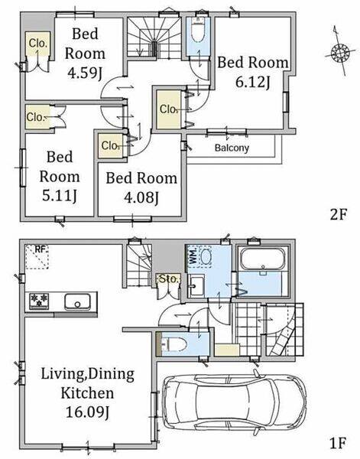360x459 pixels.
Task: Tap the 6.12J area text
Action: pyautogui.click(x=252, y=83)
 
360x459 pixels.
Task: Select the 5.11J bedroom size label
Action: pyautogui.click(x=60, y=196)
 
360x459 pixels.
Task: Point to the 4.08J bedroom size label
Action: pyautogui.click(x=141, y=197)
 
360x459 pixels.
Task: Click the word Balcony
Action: pyautogui.click(x=232, y=148)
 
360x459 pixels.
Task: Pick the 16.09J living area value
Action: pyautogui.click(x=87, y=413)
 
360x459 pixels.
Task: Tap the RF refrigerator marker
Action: pyautogui.click(x=41, y=249)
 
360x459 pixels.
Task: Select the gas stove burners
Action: pyautogui.click(x=39, y=301)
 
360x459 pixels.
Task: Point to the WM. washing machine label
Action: pyautogui.click(x=193, y=257)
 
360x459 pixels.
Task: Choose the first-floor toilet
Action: pyautogui.click(x=174, y=344)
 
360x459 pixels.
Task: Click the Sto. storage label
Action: pyautogui.click(x=168, y=278)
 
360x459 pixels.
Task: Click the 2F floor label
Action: pyautogui.click(x=338, y=215)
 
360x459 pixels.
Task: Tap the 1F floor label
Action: pyautogui.click(x=338, y=443)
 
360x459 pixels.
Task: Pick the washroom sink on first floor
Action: pyautogui.click(x=195, y=286)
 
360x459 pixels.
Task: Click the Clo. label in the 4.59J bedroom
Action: pyautogui.click(x=38, y=44)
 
